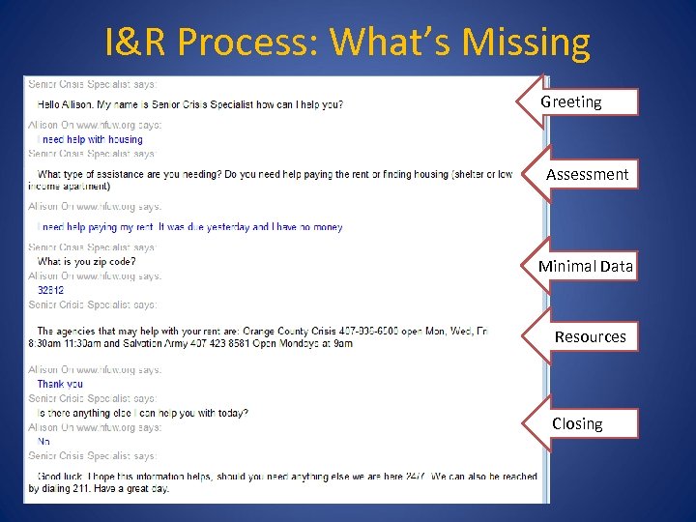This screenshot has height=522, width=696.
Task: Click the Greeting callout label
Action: [571, 101]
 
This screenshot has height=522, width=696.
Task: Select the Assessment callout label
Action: [587, 175]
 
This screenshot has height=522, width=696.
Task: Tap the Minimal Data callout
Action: [586, 266]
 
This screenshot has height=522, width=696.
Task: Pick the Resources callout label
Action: [590, 336]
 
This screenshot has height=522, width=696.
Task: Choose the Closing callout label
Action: [577, 423]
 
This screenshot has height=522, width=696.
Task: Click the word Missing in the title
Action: [526, 43]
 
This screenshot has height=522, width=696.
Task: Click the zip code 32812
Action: [50, 290]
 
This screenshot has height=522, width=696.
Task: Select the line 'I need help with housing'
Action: [90, 139]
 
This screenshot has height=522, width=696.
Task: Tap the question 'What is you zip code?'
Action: [86, 261]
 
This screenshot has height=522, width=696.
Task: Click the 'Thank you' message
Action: [60, 384]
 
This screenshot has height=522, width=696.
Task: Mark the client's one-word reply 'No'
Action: [43, 441]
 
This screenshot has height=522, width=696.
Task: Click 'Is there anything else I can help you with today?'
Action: [142, 413]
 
